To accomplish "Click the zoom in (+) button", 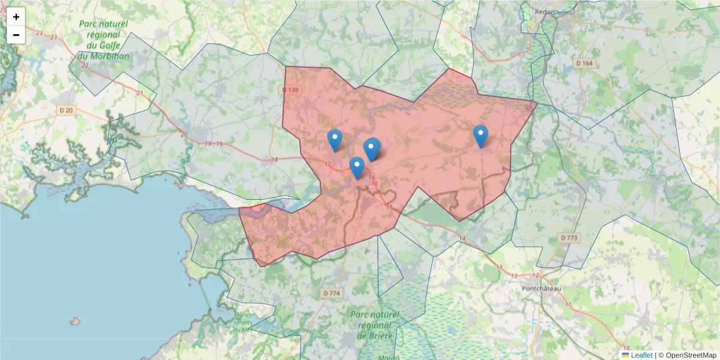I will coord(16,17).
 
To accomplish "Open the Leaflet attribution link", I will coord(641,355).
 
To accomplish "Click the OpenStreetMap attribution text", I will coord(691,355).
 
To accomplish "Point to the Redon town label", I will coord(544,12).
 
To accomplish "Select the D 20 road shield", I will coord(66,110).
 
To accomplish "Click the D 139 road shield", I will coord(290,90).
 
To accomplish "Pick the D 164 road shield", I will coord(584,63).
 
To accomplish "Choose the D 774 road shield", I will coord(331,293).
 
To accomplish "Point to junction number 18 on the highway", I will coord(275,160).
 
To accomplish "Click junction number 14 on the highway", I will coord(461,239).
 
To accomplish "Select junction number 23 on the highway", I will coord(39,33).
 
